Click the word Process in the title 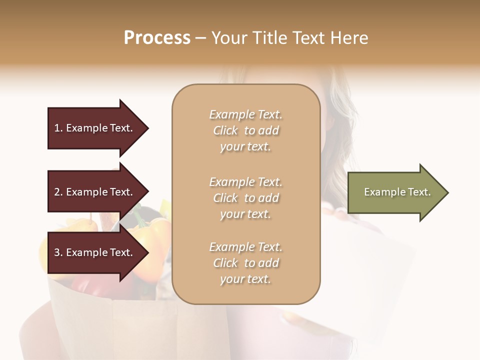(x=157, y=38)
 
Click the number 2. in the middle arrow (x=58, y=192)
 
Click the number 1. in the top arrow (x=58, y=128)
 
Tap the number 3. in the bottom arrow (x=58, y=253)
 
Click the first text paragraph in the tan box (x=245, y=130)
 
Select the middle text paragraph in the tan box (x=245, y=198)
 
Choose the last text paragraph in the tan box (x=245, y=263)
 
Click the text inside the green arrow (x=397, y=192)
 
